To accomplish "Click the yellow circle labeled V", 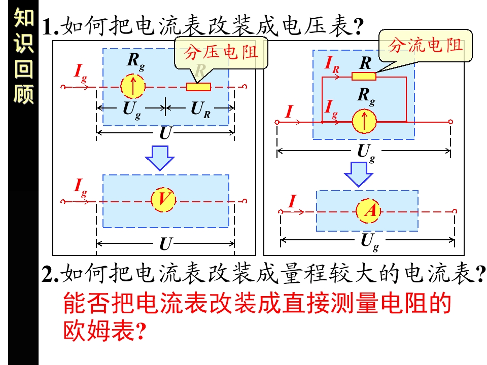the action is click(163, 200).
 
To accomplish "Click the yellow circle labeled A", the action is click(368, 211).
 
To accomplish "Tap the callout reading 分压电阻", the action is click(221, 52).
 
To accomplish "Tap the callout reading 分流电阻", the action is click(426, 46).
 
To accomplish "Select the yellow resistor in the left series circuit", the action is click(198, 87).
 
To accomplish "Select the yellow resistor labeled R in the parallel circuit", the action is click(364, 76).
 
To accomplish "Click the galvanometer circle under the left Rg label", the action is click(132, 87).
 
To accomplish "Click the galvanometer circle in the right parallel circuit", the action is click(364, 122).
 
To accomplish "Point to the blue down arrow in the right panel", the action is click(359, 174).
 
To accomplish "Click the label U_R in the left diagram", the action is click(200, 110).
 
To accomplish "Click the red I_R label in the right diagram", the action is click(332, 64).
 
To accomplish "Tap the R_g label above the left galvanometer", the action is click(136, 61).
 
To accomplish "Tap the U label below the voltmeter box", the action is click(165, 244).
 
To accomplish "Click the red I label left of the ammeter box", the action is click(292, 201).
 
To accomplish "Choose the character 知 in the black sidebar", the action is click(24, 17).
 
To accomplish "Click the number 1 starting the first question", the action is click(48, 26).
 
